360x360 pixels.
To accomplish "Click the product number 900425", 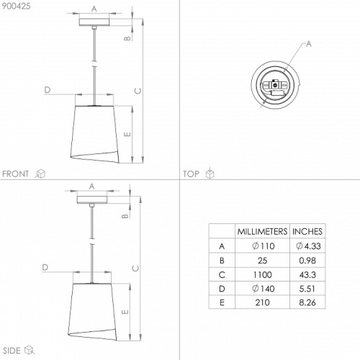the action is point(17,6).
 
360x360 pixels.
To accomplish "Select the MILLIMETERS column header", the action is point(262,231).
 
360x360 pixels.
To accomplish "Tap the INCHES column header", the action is point(307,231).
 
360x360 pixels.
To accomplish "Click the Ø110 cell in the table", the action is point(264,246).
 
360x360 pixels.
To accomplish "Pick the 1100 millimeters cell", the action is point(263,274).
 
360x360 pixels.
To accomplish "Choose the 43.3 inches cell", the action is point(307,274).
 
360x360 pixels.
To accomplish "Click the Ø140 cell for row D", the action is point(264,289).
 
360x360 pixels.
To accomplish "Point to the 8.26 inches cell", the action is point(307,302).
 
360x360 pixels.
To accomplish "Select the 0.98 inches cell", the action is point(307,261).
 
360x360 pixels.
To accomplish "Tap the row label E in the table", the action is point(222,302).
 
